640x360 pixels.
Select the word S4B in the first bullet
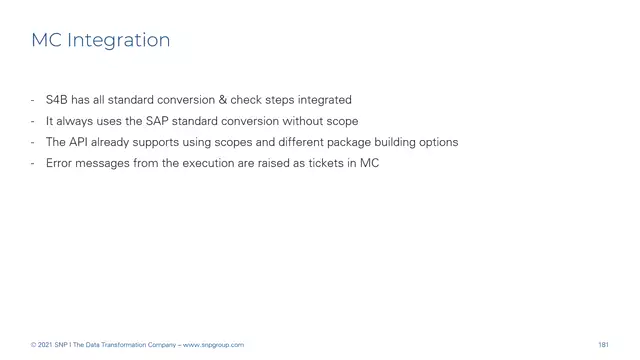pyautogui.click(x=57, y=100)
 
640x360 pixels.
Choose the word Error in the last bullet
pyautogui.click(x=60, y=163)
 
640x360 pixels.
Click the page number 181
pyautogui.click(x=603, y=345)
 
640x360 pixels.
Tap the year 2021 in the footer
pyautogui.click(x=47, y=345)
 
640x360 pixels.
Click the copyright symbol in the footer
pyautogui.click(x=33, y=345)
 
